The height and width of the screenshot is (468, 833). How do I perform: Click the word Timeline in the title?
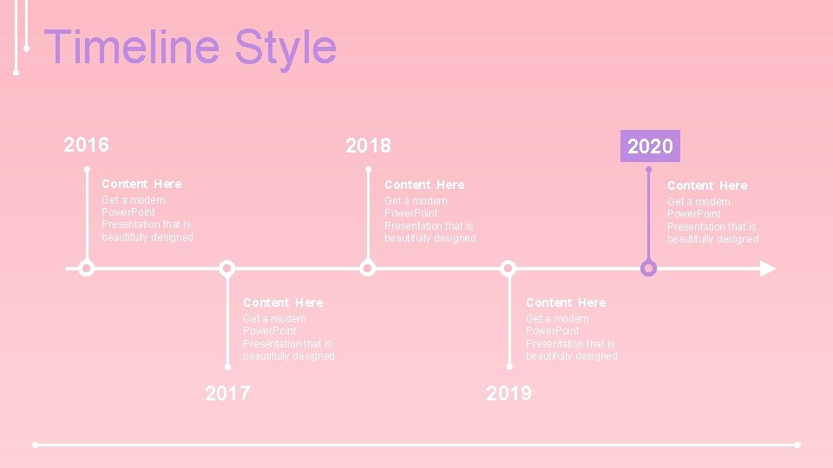click(131, 47)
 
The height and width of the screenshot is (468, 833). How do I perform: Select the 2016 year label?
click(87, 145)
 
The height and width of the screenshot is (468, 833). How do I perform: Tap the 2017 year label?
click(227, 393)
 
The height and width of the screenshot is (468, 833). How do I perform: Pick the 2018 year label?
click(368, 146)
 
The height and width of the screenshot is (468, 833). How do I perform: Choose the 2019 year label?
click(509, 393)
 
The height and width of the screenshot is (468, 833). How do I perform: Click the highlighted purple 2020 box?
click(650, 146)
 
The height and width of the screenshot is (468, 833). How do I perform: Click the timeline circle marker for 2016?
click(86, 269)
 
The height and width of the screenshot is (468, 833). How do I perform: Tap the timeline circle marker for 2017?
click(227, 269)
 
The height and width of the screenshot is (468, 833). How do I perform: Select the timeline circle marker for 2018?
click(368, 269)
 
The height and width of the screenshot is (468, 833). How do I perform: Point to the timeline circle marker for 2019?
click(508, 269)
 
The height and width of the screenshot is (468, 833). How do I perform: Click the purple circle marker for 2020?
click(648, 269)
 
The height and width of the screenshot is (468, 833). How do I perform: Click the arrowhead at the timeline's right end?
click(767, 269)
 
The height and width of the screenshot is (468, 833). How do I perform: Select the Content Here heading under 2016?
click(141, 184)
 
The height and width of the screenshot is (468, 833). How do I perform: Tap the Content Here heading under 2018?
click(424, 185)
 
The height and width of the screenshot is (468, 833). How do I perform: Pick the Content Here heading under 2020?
click(706, 185)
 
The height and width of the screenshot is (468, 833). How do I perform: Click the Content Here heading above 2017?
click(283, 302)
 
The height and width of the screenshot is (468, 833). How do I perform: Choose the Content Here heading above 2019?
click(566, 302)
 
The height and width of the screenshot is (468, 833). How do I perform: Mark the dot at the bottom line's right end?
click(797, 445)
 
